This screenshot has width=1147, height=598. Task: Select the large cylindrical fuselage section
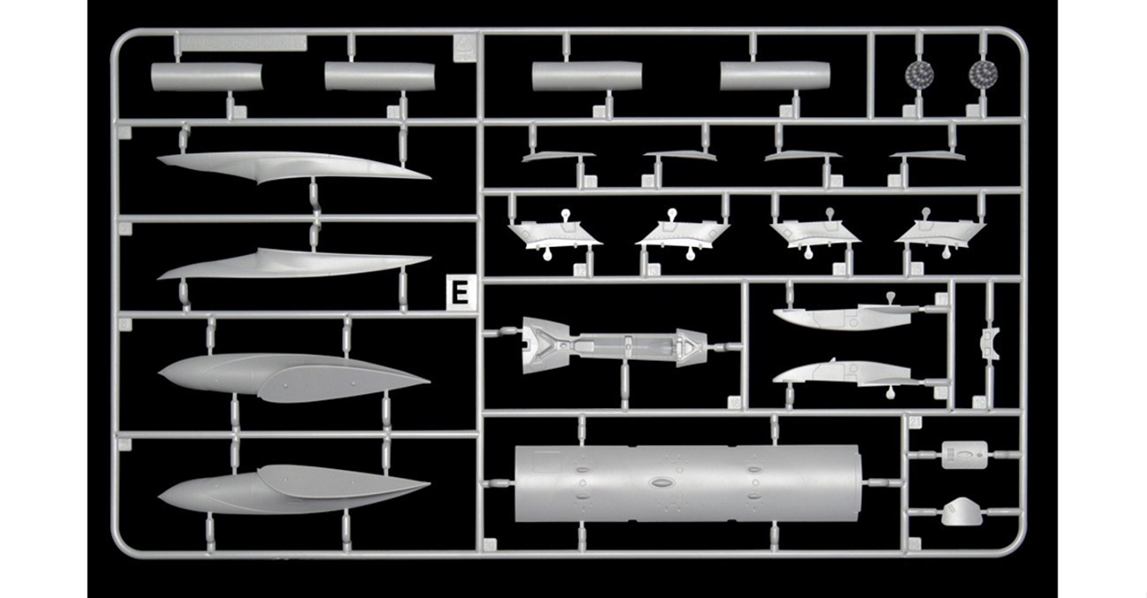(688, 483)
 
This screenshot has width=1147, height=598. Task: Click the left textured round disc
(917, 73)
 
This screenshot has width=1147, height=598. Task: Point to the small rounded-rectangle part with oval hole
(963, 454)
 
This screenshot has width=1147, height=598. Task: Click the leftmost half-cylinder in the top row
(207, 77)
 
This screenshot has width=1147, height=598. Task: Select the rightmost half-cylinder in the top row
(774, 76)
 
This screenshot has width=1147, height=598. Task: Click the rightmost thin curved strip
(927, 156)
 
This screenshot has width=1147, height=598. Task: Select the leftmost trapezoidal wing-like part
(555, 234)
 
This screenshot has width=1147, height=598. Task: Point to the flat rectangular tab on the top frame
(241, 42)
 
